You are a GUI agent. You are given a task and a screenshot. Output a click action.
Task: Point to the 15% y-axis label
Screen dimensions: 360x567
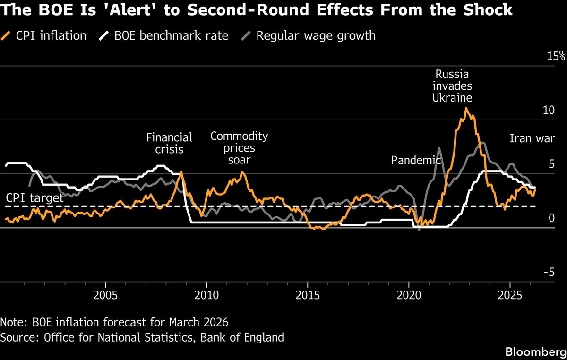(x=556, y=56)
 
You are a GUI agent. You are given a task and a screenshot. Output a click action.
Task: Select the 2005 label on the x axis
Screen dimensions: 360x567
(x=105, y=296)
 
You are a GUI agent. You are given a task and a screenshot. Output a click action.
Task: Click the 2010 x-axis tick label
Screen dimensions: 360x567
(x=206, y=296)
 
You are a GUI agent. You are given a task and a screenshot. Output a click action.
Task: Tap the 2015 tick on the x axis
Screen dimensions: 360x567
(x=308, y=296)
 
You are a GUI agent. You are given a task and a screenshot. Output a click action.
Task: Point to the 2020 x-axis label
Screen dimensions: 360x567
(x=409, y=296)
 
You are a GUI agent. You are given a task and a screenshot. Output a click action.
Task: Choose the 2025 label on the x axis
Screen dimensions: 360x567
(x=510, y=296)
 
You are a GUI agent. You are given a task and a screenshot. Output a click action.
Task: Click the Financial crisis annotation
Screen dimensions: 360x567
(x=169, y=144)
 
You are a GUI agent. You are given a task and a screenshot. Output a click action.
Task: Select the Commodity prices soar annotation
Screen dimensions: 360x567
(x=239, y=148)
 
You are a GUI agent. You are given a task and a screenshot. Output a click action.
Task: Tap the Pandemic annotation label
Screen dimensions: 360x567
(x=415, y=161)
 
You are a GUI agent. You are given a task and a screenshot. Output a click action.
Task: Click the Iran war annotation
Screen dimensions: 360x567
(x=529, y=138)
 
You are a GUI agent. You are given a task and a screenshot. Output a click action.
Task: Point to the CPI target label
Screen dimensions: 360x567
(x=34, y=197)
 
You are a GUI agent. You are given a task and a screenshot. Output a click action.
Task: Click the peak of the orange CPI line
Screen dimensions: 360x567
(x=466, y=109)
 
